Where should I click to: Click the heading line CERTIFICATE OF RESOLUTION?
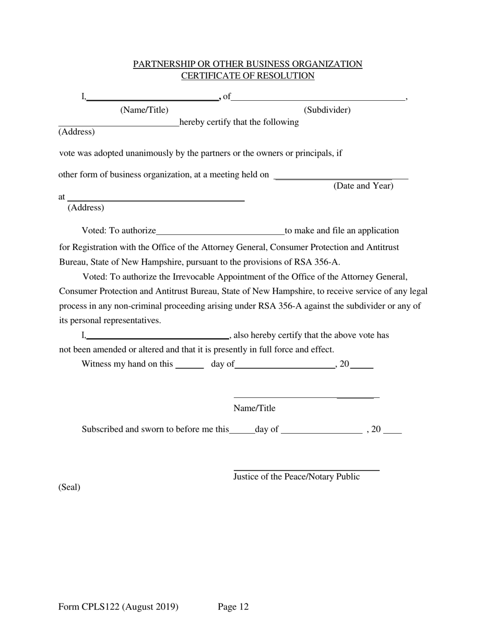point(247,76)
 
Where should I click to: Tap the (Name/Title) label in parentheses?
point(144,110)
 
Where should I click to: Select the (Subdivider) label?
point(327,110)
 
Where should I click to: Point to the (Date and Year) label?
point(363,186)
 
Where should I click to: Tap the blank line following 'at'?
point(156,199)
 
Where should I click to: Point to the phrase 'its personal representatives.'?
point(110,320)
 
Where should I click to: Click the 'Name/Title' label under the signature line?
point(254,408)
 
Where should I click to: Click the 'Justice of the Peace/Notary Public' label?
point(296,477)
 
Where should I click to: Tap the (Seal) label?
point(69,488)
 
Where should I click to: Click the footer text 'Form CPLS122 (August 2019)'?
point(119,607)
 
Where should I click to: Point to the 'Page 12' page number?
point(233,607)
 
